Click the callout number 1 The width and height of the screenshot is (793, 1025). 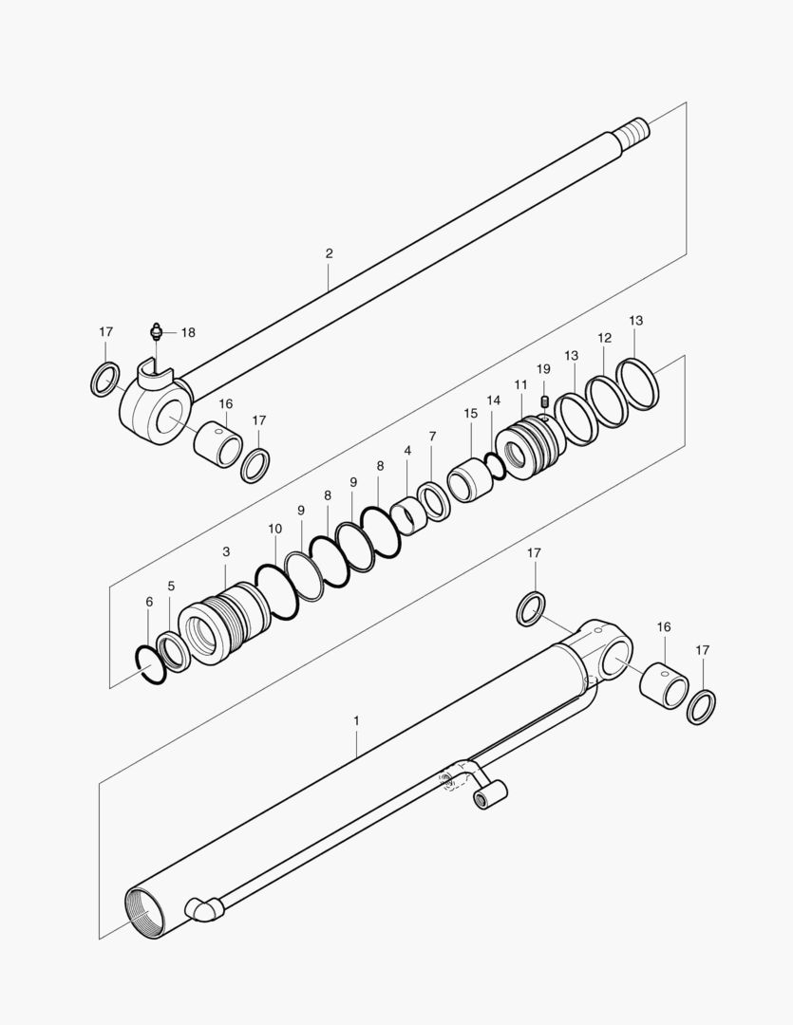[356, 721]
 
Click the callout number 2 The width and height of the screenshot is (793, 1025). [329, 253]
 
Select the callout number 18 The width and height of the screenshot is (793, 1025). [188, 332]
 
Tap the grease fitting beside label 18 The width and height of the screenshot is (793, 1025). [157, 332]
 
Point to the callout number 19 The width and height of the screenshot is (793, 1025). [543, 368]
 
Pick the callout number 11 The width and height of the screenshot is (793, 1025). [520, 384]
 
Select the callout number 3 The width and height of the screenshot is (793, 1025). [226, 551]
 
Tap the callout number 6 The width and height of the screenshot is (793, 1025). [149, 602]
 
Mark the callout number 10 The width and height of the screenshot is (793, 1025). [274, 528]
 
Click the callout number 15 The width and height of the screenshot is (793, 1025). [471, 414]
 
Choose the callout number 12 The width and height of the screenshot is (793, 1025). [604, 338]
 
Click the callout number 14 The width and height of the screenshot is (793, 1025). [494, 401]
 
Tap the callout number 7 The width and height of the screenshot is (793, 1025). [432, 436]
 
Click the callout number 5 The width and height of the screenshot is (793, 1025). [171, 587]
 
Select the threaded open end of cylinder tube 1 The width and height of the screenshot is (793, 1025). [145, 913]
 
